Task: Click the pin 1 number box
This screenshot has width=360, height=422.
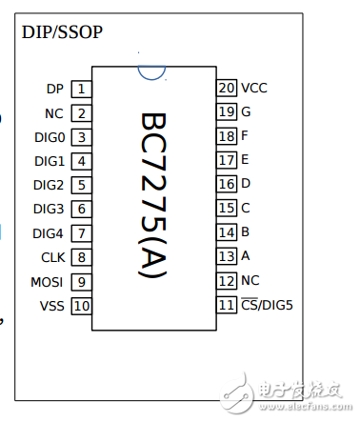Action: click(x=82, y=90)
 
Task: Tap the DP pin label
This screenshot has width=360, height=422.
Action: click(x=54, y=90)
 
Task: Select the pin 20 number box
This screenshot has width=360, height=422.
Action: click(x=227, y=88)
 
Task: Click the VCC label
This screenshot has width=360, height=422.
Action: click(x=254, y=88)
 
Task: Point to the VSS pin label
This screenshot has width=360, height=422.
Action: click(x=51, y=306)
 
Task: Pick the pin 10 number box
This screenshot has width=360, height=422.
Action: click(x=82, y=306)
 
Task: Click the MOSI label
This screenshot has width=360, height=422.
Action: click(x=48, y=282)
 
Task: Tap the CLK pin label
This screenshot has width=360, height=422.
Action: click(x=52, y=257)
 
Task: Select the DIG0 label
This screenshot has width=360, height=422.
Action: click(x=49, y=137)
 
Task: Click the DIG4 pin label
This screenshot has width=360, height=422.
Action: click(x=49, y=233)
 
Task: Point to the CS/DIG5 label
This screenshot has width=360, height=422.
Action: click(x=268, y=305)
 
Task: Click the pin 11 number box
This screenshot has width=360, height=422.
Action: click(x=227, y=305)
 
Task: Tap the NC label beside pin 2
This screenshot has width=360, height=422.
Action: click(x=54, y=113)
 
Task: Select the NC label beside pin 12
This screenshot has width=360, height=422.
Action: click(x=250, y=281)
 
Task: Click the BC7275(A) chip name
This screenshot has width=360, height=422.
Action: click(x=153, y=196)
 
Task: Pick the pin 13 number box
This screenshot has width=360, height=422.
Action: click(x=227, y=256)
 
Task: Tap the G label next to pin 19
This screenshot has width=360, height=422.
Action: click(x=246, y=111)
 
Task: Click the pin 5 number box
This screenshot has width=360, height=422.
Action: click(x=82, y=186)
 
